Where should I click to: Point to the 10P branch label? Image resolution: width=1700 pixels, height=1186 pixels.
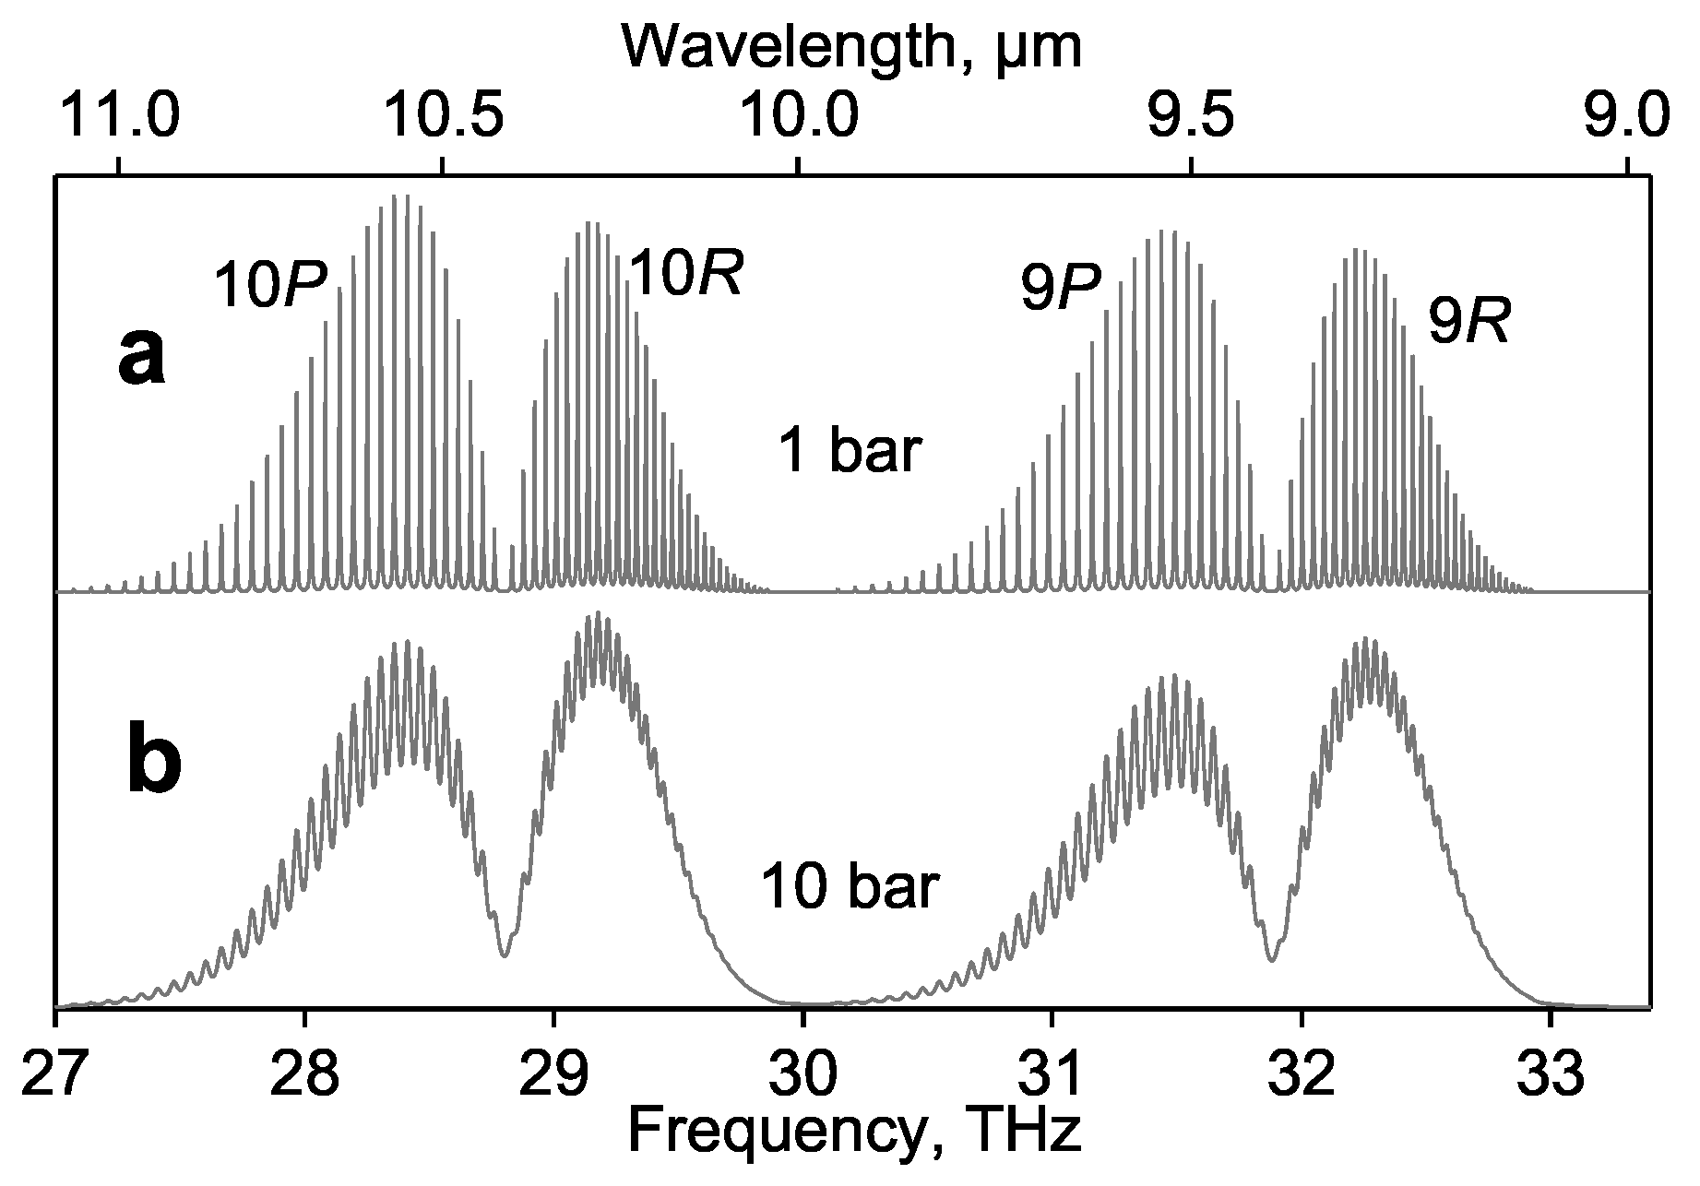270,284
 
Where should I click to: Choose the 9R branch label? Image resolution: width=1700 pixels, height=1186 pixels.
1468,322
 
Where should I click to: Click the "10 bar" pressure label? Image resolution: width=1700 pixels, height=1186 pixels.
850,887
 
